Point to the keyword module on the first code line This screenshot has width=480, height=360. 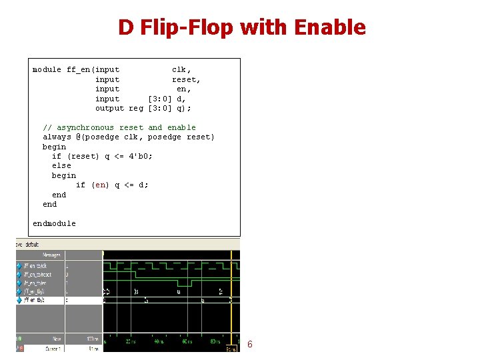pos(47,69)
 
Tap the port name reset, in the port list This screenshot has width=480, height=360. pos(187,79)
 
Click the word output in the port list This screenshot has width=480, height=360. pos(109,108)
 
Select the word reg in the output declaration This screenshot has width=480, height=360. pos(136,108)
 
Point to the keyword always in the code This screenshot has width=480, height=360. pos(57,137)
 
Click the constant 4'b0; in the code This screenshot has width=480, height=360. pos(141,156)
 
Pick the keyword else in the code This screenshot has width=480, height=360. pos(61,165)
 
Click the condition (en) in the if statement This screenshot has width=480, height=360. pos(100,185)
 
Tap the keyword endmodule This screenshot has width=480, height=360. pos(54,223)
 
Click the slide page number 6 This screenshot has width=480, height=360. pos(250,345)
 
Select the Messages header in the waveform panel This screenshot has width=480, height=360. pos(51,255)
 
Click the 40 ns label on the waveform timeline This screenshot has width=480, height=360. pos(157,342)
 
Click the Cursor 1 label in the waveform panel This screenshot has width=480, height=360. pos(54,349)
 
